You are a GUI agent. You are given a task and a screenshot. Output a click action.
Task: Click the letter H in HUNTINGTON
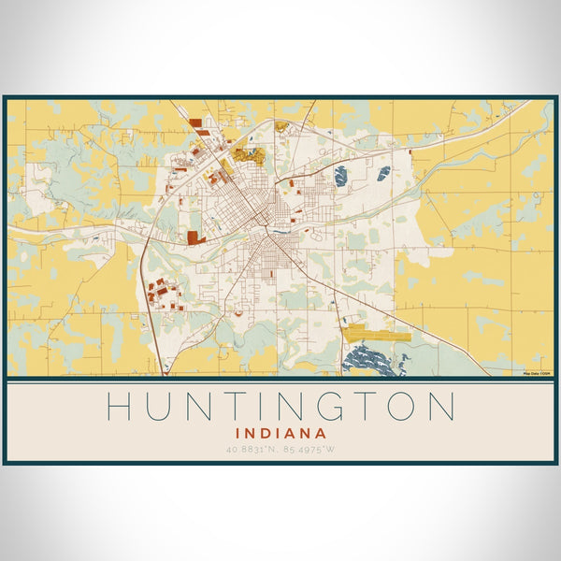118,407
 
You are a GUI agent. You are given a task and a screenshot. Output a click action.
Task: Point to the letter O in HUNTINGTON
399,407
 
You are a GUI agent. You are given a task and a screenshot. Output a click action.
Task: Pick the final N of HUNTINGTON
442,407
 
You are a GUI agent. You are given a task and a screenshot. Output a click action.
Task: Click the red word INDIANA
280,434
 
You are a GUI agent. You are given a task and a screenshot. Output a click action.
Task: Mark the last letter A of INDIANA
321,434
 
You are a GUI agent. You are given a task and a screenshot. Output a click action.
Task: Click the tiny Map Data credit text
537,373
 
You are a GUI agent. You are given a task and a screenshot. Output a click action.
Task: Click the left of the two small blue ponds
340,175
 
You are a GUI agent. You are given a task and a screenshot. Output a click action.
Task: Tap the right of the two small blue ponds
383,173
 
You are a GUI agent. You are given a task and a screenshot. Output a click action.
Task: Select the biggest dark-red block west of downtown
194,237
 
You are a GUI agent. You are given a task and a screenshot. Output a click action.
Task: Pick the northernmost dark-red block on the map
194,122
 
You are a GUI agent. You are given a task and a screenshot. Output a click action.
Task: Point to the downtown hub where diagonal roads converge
271,231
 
